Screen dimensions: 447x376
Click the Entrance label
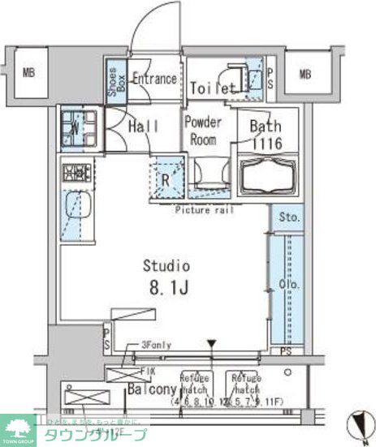click(x=154, y=79)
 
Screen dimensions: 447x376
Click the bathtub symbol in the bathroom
click(x=268, y=177)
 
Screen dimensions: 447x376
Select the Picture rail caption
click(x=204, y=209)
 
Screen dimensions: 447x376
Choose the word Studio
click(x=166, y=265)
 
